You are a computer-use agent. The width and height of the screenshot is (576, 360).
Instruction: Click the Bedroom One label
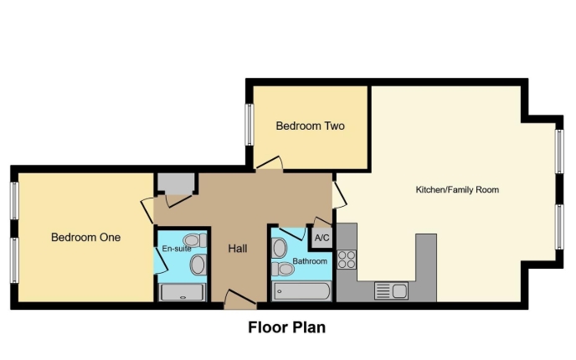coord(85,237)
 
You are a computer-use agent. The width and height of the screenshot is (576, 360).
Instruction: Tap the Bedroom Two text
coord(310,126)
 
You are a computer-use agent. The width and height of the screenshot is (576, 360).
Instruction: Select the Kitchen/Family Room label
coord(457,190)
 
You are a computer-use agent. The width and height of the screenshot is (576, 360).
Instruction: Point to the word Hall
coord(237,249)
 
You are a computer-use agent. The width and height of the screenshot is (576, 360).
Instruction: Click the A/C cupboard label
coord(321,238)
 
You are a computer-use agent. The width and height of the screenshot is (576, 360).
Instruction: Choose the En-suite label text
coord(177,249)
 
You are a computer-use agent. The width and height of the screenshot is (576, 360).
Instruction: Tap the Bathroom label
coord(310,261)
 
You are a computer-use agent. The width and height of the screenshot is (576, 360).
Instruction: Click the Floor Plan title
coord(287,327)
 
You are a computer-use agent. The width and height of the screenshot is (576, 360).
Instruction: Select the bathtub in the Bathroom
coord(301,291)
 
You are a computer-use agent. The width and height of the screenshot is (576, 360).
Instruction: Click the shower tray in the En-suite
coord(183,292)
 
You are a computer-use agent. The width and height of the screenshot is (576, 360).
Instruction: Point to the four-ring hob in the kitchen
coord(347,260)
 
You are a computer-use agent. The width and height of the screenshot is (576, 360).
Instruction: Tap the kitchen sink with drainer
coord(391,291)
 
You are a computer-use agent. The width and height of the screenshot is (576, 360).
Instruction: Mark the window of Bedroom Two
coord(249,125)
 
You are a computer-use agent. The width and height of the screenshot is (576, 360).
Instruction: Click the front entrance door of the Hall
coord(240,299)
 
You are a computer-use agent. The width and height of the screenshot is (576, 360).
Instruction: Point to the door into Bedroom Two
coord(270,164)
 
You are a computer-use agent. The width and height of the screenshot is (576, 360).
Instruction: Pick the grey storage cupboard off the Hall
coord(176,183)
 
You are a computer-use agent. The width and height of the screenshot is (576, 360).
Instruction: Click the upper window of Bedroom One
coord(15,201)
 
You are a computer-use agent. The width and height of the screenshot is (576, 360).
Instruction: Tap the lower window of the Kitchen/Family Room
coord(559,227)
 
